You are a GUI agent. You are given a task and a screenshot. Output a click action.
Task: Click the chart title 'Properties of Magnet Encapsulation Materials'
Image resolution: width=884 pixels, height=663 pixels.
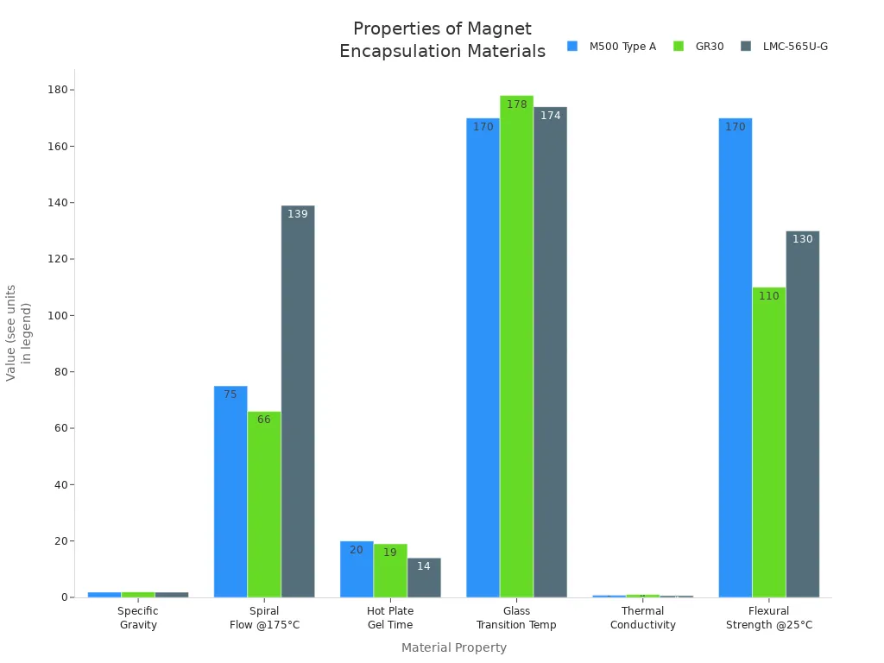click(x=442, y=40)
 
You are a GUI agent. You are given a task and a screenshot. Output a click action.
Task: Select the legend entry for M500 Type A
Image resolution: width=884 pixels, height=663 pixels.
click(x=611, y=47)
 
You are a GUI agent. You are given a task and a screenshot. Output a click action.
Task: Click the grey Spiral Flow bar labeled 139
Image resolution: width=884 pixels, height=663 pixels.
click(x=298, y=401)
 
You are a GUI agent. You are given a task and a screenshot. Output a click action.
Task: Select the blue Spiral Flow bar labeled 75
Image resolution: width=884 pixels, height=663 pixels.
click(x=230, y=492)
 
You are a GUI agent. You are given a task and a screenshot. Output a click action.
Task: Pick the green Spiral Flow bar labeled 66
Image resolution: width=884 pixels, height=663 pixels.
click(x=264, y=504)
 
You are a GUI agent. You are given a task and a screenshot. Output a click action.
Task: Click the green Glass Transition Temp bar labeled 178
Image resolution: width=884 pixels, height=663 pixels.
click(x=516, y=346)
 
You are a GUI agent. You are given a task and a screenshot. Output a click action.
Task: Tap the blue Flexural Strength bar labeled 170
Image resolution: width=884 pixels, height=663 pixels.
click(x=735, y=357)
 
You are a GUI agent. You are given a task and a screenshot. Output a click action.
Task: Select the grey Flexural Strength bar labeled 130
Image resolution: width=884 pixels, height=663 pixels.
click(x=802, y=414)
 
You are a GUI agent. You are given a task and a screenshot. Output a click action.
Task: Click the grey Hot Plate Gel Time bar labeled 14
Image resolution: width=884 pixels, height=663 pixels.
click(x=424, y=578)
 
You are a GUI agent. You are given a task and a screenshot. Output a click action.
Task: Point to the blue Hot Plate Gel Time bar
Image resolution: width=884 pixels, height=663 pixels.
click(x=357, y=569)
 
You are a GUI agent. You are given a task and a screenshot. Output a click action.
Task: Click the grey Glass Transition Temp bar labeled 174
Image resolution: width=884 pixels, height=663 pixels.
click(x=550, y=352)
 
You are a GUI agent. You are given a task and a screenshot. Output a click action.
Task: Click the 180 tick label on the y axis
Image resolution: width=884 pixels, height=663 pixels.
click(x=58, y=90)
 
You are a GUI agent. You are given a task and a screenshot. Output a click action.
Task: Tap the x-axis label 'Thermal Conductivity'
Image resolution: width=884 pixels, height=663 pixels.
click(x=642, y=618)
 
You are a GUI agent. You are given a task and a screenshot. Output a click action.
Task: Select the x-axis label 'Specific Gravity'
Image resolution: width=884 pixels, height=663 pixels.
click(x=138, y=618)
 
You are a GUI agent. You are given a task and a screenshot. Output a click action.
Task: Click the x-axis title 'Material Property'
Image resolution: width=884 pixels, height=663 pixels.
click(x=453, y=647)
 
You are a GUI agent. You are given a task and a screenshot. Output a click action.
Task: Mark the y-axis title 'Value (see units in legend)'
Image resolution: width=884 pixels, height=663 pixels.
click(x=18, y=332)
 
